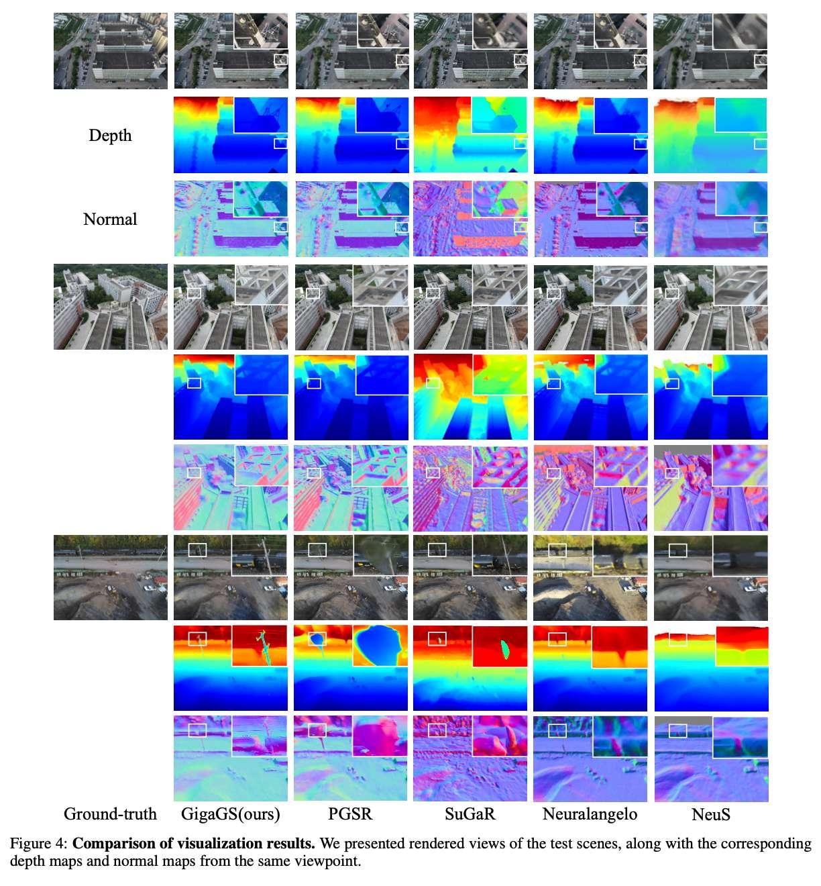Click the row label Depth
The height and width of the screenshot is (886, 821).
pyautogui.click(x=110, y=136)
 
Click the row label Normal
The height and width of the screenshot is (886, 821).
pyautogui.click(x=110, y=219)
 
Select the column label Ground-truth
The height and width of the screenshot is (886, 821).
pyautogui.click(x=110, y=814)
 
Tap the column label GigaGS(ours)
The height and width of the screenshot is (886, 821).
pyautogui.click(x=230, y=814)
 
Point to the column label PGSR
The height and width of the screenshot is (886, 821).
pyautogui.click(x=350, y=814)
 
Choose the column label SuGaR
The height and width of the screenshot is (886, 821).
pyautogui.click(x=470, y=814)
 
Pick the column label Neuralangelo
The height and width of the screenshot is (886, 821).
pyautogui.click(x=590, y=814)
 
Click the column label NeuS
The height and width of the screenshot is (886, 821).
pyautogui.click(x=710, y=815)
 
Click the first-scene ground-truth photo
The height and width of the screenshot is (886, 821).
pyautogui.click(x=111, y=51)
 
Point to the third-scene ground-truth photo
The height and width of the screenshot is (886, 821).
pyautogui.click(x=111, y=577)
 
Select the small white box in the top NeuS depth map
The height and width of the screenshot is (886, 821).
pyautogui.click(x=761, y=144)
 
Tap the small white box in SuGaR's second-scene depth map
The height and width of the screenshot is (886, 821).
pyautogui.click(x=433, y=383)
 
